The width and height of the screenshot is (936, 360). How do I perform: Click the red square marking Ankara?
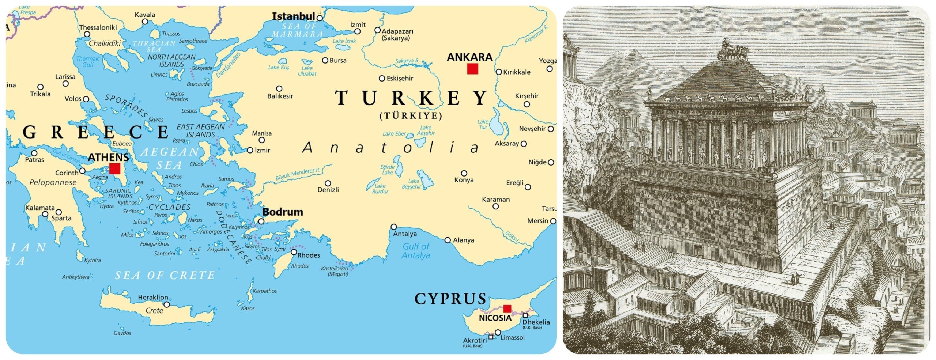[472, 69]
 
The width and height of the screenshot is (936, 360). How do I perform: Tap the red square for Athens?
[114, 168]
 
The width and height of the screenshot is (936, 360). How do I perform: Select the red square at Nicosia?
[507, 308]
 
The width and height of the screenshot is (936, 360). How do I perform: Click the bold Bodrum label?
[283, 212]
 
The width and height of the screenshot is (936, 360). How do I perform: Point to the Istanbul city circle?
[320, 18]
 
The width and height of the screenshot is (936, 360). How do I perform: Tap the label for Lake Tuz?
[483, 124]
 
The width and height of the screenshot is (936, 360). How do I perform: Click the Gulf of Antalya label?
[416, 251]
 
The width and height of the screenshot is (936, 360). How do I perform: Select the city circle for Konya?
[464, 173]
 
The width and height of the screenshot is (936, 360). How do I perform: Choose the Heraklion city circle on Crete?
[167, 304]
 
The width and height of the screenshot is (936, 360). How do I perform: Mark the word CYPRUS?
[450, 299]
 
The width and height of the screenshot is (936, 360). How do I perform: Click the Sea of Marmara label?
[298, 30]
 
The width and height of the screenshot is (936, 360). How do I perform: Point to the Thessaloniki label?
[98, 27]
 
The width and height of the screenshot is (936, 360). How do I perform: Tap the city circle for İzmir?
[250, 150]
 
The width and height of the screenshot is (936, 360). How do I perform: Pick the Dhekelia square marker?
[525, 315]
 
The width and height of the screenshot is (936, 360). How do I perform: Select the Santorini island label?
[164, 253]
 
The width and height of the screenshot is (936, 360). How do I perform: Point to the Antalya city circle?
[394, 227]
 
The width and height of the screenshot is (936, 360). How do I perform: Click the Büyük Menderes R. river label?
[298, 174]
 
